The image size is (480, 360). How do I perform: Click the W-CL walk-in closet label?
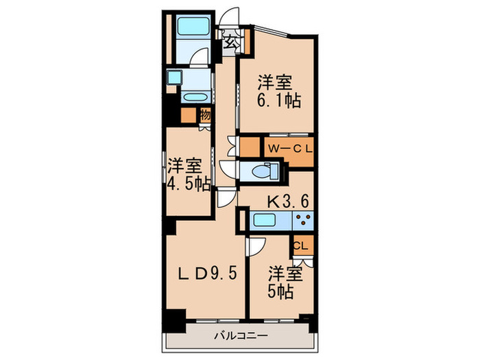click(290, 147)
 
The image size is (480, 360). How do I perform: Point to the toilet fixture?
click(261, 171)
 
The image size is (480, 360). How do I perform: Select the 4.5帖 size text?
click(188, 184)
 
